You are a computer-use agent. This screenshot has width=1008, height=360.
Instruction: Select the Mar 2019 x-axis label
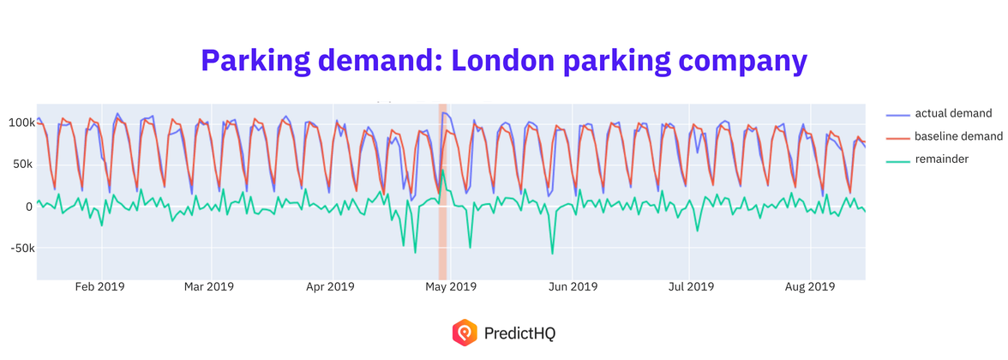point(209,287)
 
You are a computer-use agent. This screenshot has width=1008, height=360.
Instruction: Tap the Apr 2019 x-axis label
point(330,287)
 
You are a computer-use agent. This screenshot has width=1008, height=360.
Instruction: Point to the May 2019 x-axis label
point(451,287)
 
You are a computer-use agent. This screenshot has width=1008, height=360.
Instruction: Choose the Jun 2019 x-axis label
point(573,287)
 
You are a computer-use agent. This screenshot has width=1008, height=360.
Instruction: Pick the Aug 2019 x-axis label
point(810,287)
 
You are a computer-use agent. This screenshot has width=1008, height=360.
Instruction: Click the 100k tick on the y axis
point(19,123)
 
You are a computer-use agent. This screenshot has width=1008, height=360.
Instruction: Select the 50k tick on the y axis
point(21,165)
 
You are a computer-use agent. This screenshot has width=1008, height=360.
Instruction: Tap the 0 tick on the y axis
point(28,207)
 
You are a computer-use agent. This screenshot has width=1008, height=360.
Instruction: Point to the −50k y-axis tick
point(18,249)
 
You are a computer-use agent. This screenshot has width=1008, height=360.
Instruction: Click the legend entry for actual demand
point(953,113)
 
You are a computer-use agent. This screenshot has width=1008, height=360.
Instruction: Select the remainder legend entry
point(941,159)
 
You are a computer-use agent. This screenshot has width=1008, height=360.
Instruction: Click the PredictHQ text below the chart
point(519,333)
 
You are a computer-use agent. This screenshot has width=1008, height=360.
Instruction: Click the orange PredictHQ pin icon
point(464,332)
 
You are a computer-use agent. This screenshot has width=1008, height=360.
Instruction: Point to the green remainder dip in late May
point(552,252)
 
